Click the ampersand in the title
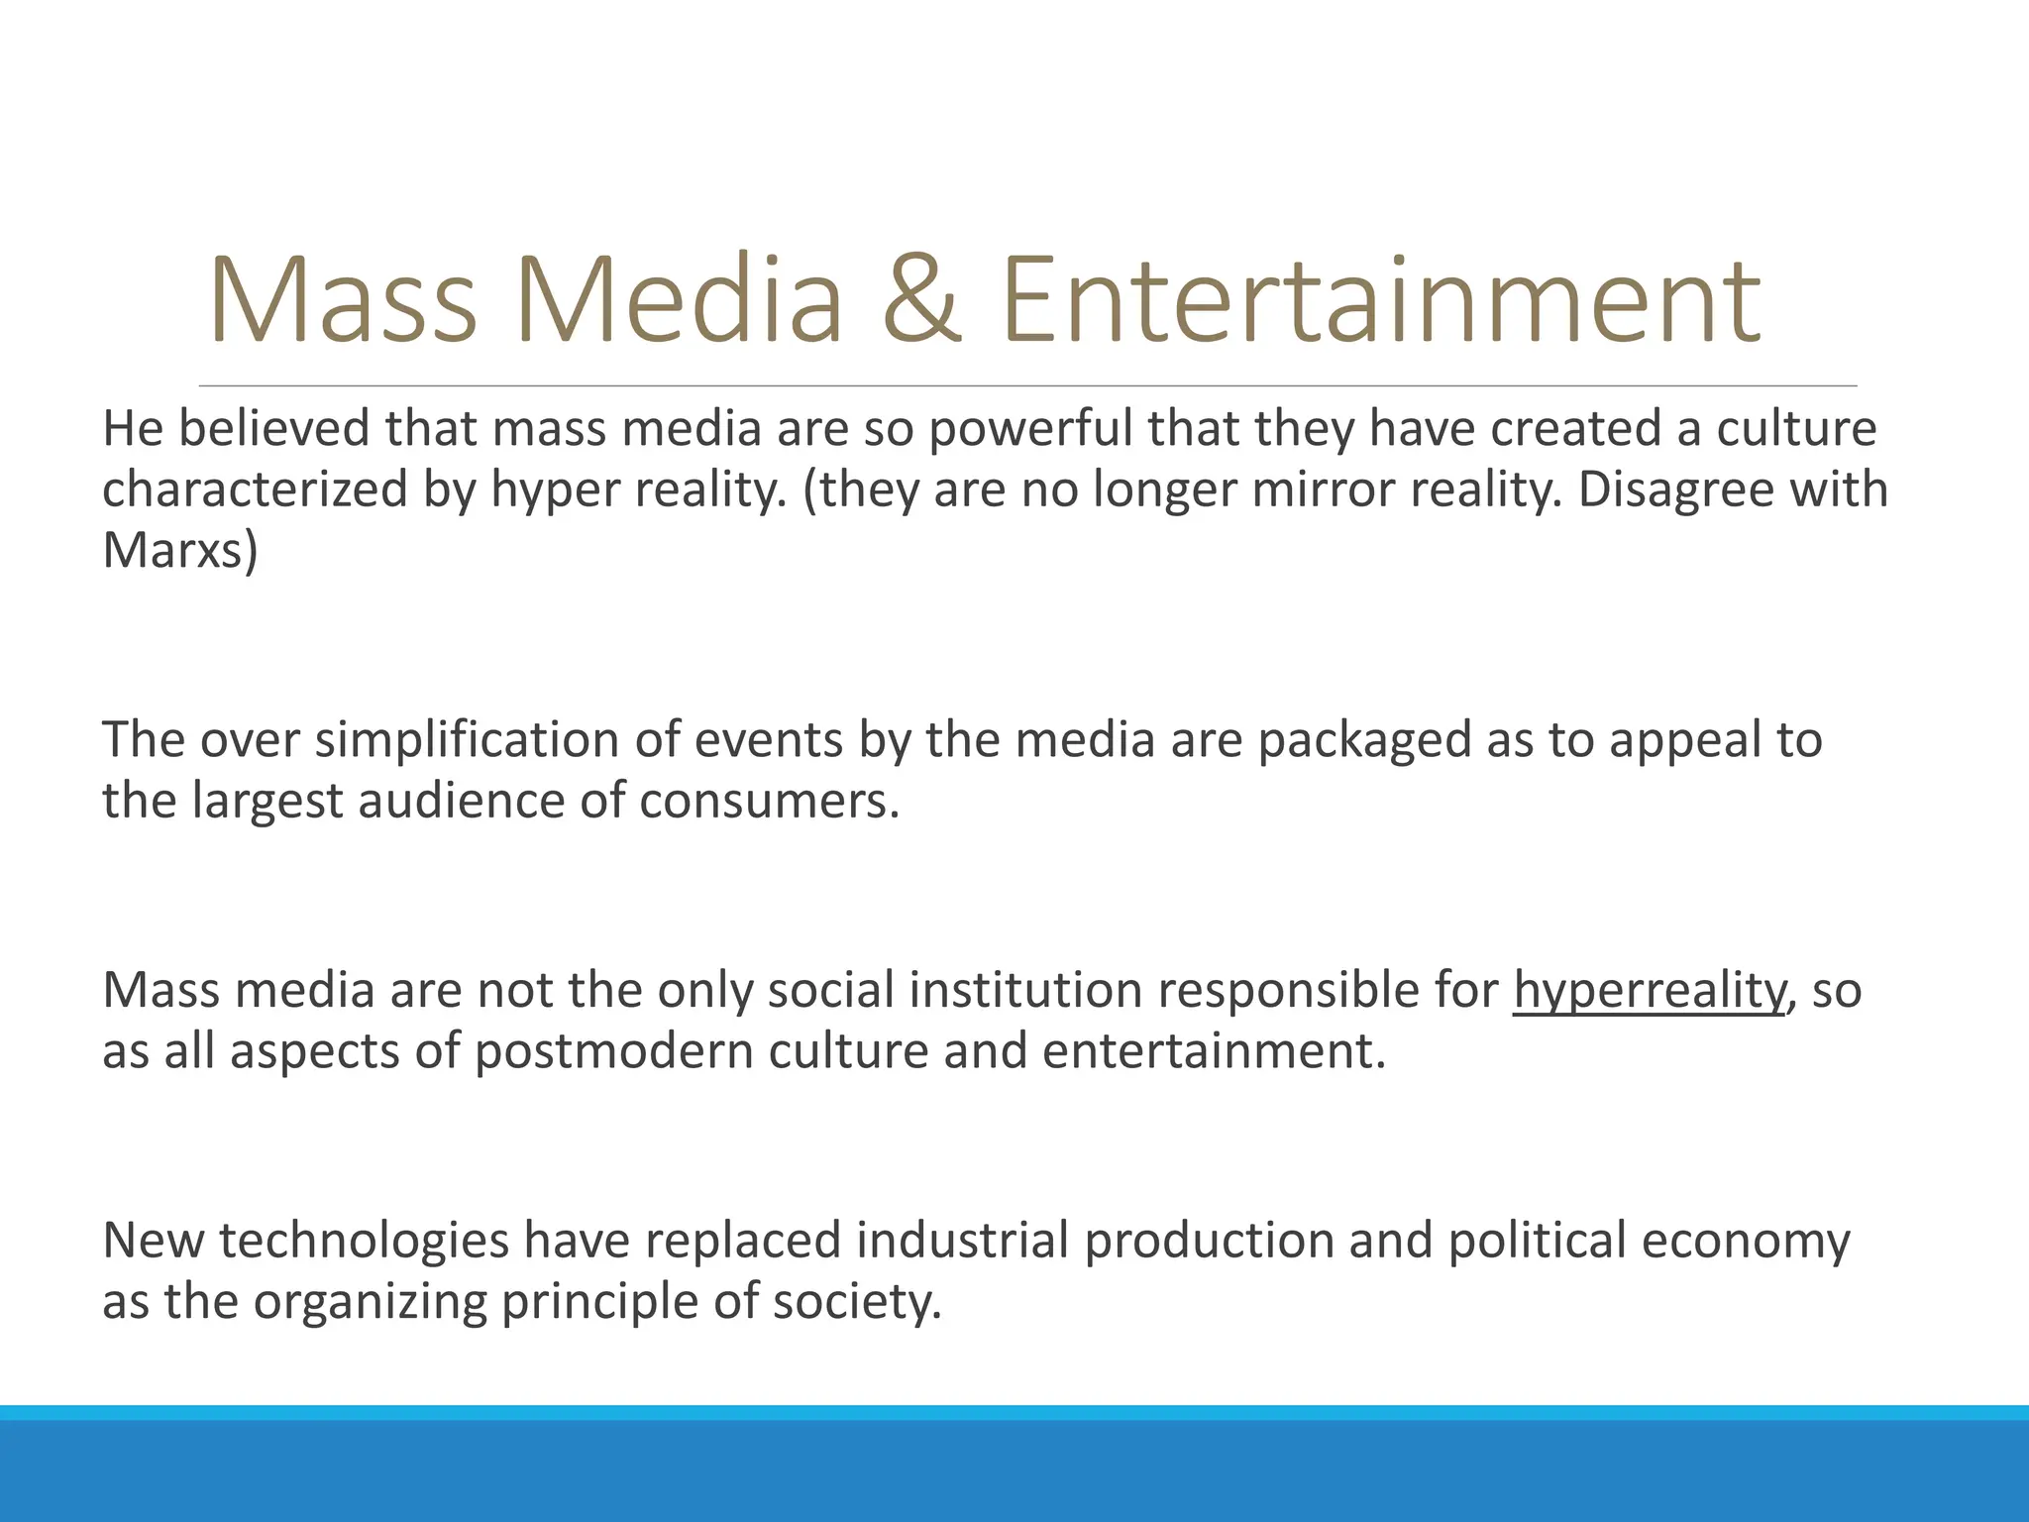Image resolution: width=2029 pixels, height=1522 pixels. pos(920,300)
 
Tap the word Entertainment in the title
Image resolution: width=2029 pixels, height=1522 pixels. pos(1381,300)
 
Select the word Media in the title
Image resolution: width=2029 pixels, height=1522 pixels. pos(679,300)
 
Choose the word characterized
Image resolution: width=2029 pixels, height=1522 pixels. pos(256,490)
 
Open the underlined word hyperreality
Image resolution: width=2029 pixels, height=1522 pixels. pos(1649,992)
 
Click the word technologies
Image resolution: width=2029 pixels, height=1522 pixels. pos(364,1243)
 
